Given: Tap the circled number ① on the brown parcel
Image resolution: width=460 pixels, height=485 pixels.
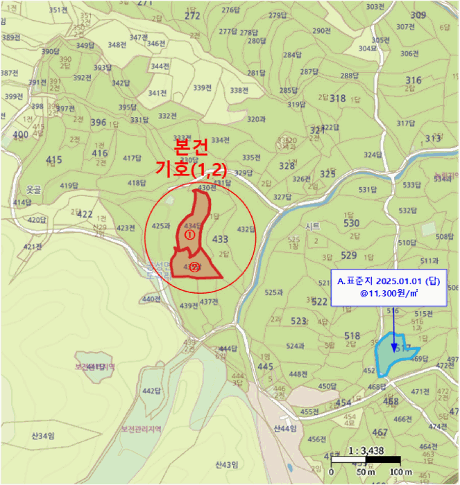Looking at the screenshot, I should point(187,236).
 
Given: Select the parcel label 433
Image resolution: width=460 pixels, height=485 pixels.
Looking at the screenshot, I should point(220,239).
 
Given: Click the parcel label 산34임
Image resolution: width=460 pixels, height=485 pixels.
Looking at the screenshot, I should point(43,435).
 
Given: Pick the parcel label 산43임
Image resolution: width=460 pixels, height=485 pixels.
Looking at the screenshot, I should point(227,464).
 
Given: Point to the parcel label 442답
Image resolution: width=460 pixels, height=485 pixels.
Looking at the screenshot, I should point(151,391).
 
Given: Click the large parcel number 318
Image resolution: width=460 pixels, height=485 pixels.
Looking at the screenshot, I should point(338,98).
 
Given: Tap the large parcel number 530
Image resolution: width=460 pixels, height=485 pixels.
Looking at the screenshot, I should point(351,223).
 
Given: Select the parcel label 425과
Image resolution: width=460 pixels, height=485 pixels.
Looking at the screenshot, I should point(160,226).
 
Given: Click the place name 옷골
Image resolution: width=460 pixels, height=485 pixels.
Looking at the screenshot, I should point(33,188).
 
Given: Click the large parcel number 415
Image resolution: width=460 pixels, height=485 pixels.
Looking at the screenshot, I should point(53,160).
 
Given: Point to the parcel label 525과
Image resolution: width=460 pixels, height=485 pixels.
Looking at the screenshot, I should point(275,292).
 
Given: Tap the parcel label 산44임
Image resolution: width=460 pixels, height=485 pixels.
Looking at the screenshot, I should point(284,429).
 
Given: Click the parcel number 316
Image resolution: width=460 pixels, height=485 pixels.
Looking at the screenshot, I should point(414,80).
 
